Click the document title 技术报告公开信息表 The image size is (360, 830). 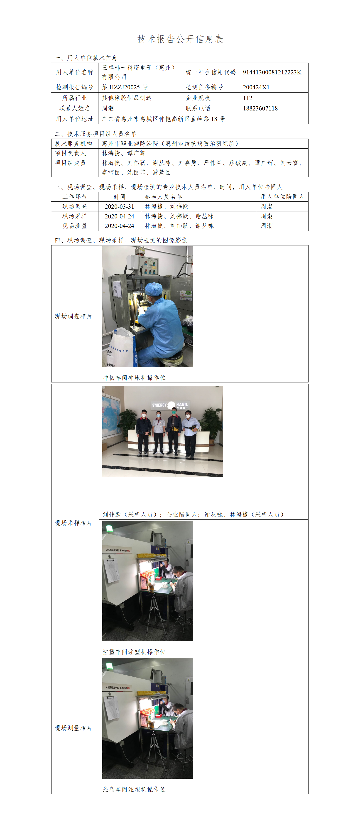[x=180, y=39]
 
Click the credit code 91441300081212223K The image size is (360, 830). [x=272, y=72]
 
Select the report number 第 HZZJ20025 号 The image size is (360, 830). [x=125, y=87]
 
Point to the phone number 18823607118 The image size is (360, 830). [x=260, y=108]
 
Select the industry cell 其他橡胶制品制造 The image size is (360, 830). [x=127, y=98]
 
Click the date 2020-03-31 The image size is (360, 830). [x=119, y=206]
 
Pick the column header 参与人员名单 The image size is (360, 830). [x=163, y=196]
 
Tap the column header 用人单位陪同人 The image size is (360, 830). [x=282, y=196]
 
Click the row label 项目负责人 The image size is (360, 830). [x=70, y=153]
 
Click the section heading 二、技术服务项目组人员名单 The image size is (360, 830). [x=96, y=134]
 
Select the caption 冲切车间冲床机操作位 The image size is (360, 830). [x=134, y=377]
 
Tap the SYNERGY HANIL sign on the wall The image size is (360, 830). [x=170, y=405]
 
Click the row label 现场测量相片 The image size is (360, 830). [x=73, y=728]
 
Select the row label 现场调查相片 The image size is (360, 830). [x=73, y=316]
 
